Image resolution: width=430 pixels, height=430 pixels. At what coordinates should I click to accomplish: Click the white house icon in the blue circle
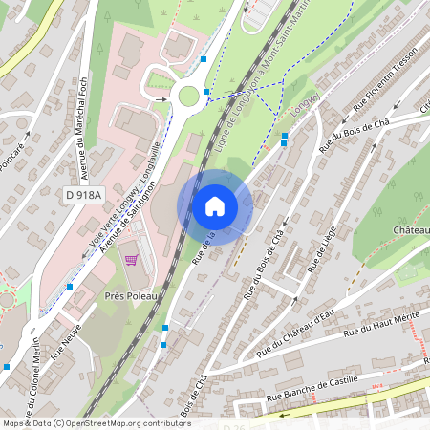(x=215, y=206)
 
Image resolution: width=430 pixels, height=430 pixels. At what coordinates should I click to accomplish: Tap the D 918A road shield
(x=83, y=195)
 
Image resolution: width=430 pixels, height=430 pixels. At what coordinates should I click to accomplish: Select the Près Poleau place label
(x=125, y=297)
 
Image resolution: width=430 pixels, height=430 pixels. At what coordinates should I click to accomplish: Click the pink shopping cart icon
(x=131, y=258)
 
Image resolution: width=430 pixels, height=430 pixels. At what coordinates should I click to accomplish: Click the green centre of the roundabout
(x=188, y=95)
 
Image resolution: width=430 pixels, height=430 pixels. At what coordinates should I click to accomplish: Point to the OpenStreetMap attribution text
(x=96, y=422)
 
